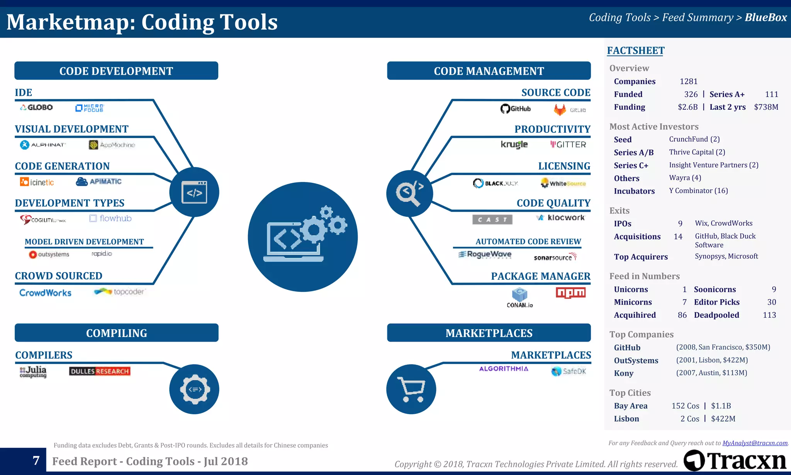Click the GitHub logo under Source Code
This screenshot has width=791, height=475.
(515, 109)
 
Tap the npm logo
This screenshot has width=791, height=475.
(570, 293)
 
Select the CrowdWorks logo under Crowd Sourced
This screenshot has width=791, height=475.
(45, 293)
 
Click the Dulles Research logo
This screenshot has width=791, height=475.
(100, 371)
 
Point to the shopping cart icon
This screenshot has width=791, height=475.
(411, 389)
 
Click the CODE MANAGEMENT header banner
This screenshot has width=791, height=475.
(489, 71)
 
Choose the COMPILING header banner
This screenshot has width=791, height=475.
(116, 333)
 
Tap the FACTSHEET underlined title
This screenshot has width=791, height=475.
(635, 51)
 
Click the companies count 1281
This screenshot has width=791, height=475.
(689, 81)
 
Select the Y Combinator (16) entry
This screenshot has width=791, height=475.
(698, 191)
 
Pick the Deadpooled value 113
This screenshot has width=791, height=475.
(769, 315)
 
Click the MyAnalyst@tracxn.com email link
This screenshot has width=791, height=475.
(755, 443)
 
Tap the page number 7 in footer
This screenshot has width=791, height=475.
(36, 460)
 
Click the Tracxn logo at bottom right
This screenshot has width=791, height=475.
(735, 460)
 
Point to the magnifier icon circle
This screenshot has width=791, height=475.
(410, 193)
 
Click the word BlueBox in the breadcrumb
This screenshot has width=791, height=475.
(766, 17)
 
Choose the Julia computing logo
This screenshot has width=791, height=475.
(33, 371)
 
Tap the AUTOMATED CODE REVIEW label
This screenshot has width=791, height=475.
(528, 242)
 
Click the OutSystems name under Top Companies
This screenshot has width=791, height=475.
(636, 360)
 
